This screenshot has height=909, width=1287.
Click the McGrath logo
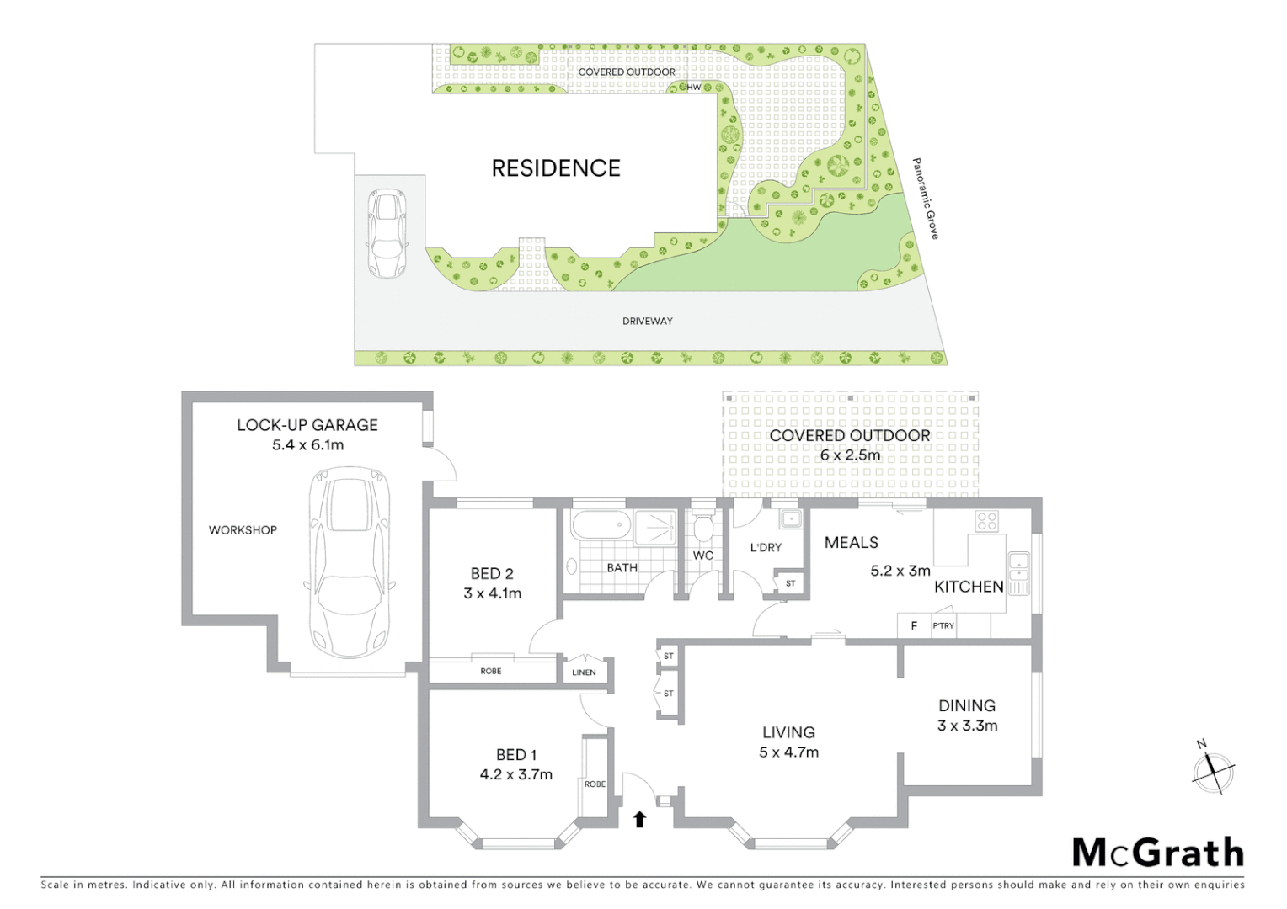(x=1157, y=853)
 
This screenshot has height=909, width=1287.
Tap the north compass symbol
(x=1213, y=768)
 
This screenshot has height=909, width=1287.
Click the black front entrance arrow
(x=639, y=818)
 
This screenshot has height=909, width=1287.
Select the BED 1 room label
(x=515, y=755)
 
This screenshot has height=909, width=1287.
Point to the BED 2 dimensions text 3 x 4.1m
(x=492, y=593)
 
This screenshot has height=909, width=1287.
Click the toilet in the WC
(x=703, y=528)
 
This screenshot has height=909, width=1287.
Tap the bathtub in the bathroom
(x=600, y=526)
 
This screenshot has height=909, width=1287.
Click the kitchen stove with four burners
(x=986, y=521)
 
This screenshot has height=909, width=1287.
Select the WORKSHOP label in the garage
(x=243, y=530)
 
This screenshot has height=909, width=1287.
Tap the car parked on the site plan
(x=387, y=233)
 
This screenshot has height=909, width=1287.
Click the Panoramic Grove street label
(x=926, y=199)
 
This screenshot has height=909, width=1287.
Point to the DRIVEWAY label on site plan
(x=647, y=321)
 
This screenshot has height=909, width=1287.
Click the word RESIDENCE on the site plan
(x=556, y=168)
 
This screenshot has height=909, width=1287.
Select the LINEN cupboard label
(x=584, y=672)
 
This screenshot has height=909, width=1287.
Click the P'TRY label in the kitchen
(x=943, y=625)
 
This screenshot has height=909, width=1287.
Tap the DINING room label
(x=967, y=705)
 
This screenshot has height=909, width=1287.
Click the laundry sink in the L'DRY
(x=790, y=518)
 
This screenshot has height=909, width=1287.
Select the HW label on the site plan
(x=694, y=88)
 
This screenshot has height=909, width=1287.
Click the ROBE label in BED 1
(x=595, y=784)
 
